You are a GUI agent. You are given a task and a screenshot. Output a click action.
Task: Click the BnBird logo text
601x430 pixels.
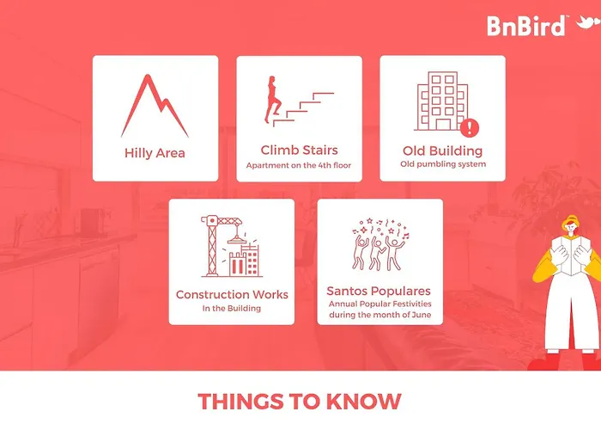click(x=526, y=26)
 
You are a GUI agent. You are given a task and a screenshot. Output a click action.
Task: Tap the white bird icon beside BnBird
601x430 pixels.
click(x=588, y=22)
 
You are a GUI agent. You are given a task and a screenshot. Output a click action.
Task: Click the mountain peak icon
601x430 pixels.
click(x=155, y=106)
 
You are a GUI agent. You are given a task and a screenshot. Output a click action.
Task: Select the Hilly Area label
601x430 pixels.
click(x=155, y=153)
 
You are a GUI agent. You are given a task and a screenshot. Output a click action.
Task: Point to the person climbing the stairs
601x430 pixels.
click(x=272, y=100)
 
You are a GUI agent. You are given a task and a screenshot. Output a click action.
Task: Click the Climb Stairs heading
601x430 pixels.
click(x=300, y=150)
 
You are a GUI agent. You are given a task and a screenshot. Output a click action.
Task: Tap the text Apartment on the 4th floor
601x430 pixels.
click(x=299, y=165)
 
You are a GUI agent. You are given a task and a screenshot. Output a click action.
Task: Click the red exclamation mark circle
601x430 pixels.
click(x=470, y=127)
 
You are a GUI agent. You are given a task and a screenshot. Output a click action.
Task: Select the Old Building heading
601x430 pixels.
click(x=443, y=150)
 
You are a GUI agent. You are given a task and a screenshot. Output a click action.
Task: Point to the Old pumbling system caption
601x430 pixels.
click(x=443, y=164)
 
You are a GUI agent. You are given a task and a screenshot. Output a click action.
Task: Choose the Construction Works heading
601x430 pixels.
click(x=232, y=294)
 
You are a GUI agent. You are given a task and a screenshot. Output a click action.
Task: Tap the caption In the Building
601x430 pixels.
click(x=232, y=308)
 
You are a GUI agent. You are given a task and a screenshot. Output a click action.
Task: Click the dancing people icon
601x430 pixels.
click(x=380, y=244)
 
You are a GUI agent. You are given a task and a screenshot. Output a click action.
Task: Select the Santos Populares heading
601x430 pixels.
click(x=379, y=291)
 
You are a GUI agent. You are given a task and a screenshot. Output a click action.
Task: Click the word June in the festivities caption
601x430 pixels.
click(x=422, y=315)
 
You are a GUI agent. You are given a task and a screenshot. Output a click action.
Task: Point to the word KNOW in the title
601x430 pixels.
click(x=364, y=402)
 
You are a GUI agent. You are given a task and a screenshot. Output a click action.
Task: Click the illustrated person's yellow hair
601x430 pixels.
click(x=570, y=222)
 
